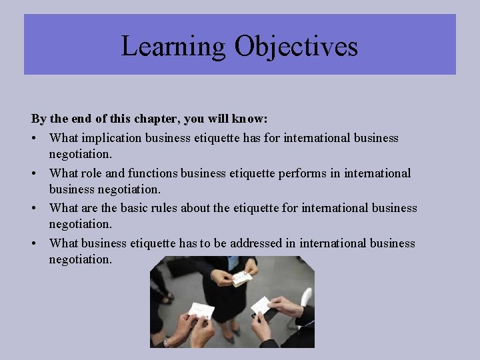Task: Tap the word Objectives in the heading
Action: point(296,47)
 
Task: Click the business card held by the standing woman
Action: point(241,278)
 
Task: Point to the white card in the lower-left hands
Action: point(201,310)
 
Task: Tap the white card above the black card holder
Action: point(261,305)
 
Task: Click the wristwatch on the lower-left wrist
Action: point(167,341)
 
